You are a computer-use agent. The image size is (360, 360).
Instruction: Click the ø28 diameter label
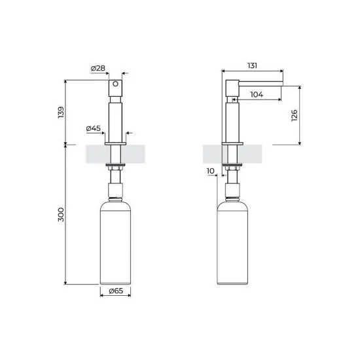98,67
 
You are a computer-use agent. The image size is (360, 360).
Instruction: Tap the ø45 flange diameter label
94,128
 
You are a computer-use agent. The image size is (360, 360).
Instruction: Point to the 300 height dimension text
62,216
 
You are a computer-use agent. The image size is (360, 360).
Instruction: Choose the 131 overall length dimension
253,65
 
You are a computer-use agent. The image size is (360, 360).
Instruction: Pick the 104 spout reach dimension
257,94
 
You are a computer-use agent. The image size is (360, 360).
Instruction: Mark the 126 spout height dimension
294,115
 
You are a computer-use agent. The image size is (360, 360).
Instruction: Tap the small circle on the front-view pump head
115,84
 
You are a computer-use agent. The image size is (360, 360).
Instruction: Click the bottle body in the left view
116,242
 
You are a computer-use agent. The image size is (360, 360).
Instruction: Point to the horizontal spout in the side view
259,83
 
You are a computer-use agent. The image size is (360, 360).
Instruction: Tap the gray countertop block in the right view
213,154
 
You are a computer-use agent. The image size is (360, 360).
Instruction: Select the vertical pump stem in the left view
116,118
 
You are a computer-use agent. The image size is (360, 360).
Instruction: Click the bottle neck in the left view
116,192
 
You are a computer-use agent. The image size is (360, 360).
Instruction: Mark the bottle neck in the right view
232,192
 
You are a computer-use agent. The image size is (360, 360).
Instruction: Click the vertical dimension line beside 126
300,115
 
